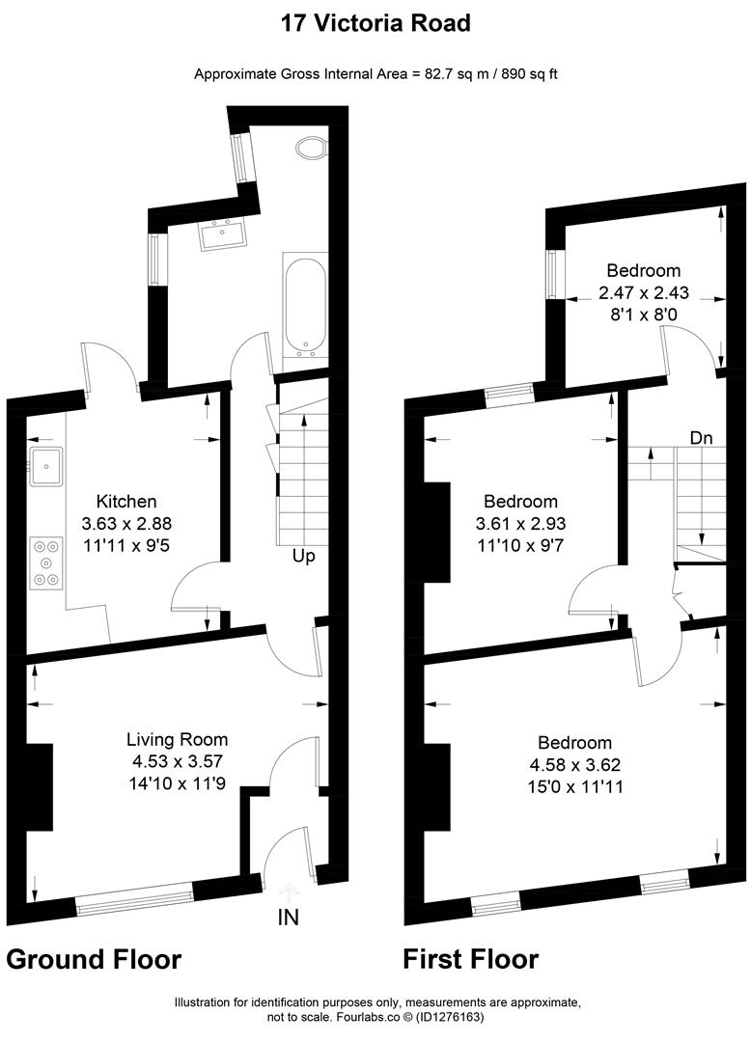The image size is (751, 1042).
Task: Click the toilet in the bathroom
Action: (x=311, y=148)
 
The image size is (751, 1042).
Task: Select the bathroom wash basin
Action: (x=225, y=233)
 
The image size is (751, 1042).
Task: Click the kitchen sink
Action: (x=46, y=466)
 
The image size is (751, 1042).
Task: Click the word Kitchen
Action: (x=126, y=502)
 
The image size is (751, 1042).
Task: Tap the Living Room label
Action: (x=178, y=740)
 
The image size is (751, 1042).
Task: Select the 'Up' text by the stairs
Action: (x=305, y=556)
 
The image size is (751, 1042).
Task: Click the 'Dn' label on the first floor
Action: (x=701, y=437)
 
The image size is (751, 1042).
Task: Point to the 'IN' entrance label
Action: (x=289, y=917)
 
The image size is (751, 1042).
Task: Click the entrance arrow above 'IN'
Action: (x=289, y=891)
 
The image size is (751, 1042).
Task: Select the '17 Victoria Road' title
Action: (x=375, y=23)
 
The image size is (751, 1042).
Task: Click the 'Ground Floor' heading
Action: (x=94, y=959)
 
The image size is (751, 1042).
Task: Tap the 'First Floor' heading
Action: (x=470, y=959)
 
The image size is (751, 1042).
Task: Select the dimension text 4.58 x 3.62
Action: (x=574, y=765)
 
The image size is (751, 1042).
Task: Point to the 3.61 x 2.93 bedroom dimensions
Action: (x=520, y=524)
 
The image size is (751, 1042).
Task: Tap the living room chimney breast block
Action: (x=40, y=786)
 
